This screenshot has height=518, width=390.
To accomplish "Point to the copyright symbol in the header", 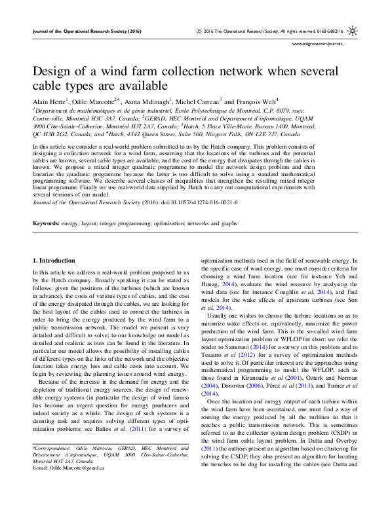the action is [x=198, y=31].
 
